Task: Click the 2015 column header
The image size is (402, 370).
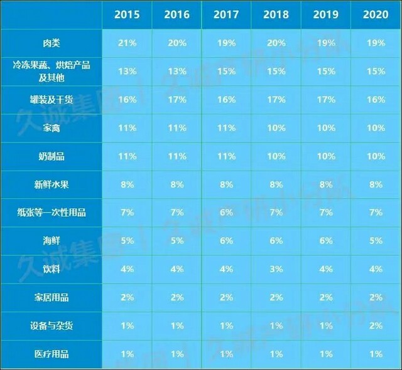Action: pos(127,14)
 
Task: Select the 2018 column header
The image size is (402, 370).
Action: pos(276,14)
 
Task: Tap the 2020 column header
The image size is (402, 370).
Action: pos(376,14)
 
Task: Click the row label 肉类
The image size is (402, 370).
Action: pos(52,43)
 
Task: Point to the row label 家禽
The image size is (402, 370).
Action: pos(52,128)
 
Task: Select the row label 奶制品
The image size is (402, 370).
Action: pos(52,156)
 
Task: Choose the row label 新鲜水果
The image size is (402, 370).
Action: pos(52,184)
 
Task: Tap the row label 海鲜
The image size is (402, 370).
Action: pos(52,241)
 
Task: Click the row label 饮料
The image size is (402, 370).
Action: pos(52,269)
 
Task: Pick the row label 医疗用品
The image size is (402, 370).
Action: pos(52,354)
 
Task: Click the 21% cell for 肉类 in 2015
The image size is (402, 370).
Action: pos(127,43)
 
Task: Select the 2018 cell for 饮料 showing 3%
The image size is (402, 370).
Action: pos(276,269)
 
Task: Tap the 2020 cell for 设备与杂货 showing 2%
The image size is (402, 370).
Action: pos(376,326)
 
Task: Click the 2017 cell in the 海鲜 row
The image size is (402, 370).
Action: pos(227,241)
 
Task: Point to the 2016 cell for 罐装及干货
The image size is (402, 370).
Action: pos(177,99)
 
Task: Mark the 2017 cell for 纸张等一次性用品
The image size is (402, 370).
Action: pos(227,213)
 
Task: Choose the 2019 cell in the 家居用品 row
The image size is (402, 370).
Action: pos(326,297)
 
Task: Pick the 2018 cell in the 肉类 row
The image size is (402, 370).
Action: pos(276,43)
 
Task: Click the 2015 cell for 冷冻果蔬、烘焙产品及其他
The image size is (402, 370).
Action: pos(127,71)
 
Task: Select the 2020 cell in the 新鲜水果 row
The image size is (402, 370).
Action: pos(376,184)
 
